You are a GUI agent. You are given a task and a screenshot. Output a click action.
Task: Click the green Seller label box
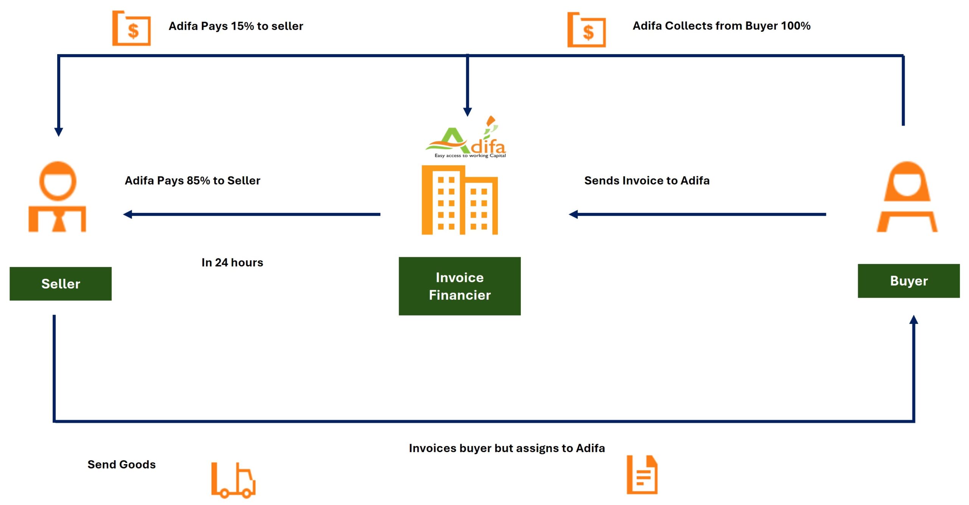point(61,284)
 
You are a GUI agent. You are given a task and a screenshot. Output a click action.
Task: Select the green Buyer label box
point(908,281)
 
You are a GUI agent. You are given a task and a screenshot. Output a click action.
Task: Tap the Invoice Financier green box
point(460,286)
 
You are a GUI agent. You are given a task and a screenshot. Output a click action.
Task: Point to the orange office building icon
point(460,200)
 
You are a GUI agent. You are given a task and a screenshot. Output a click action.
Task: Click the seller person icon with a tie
point(58,197)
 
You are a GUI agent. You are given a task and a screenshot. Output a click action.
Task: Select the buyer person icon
point(907,197)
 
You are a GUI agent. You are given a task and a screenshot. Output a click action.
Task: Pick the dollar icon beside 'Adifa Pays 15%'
point(132,29)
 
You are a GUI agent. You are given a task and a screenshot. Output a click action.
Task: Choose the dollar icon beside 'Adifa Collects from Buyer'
point(587,30)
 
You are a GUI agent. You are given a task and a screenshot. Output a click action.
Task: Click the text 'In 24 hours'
point(232,262)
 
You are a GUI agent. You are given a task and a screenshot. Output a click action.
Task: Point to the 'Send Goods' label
point(122,464)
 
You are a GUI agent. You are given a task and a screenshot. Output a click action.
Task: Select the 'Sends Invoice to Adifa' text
point(647,180)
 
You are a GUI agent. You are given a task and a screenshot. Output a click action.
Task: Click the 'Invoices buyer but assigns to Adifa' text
point(507,448)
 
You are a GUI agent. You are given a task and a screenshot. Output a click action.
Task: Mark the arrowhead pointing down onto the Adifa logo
point(467,112)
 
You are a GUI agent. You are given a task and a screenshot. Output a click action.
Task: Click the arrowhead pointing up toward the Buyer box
point(914,320)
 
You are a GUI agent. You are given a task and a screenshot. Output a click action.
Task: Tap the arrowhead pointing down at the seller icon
point(59,132)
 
